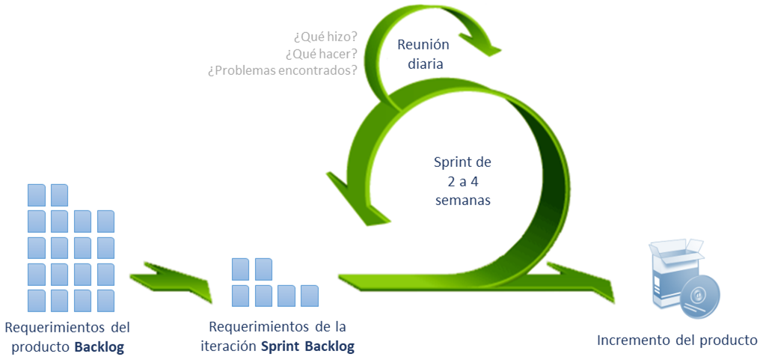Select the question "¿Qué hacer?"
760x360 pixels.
[321, 53]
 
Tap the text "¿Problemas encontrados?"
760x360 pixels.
[282, 70]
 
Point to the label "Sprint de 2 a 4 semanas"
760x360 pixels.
[462, 180]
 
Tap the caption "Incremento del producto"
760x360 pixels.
[677, 341]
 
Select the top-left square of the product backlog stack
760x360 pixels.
[37, 195]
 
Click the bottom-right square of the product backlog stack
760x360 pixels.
[105, 300]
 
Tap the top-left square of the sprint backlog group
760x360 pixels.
[240, 269]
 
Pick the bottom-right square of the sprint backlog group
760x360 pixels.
[309, 296]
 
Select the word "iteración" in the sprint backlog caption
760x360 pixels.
[229, 347]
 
